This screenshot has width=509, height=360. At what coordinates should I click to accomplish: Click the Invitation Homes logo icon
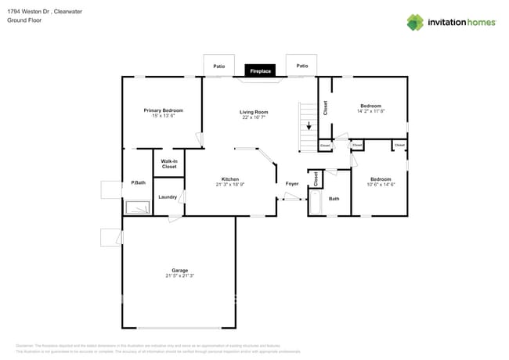pyautogui.click(x=415, y=23)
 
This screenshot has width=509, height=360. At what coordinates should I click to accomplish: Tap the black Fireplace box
pyautogui.click(x=260, y=71)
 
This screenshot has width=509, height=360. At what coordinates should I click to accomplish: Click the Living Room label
pyautogui.click(x=254, y=112)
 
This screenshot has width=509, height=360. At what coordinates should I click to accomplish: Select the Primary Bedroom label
pyautogui.click(x=163, y=110)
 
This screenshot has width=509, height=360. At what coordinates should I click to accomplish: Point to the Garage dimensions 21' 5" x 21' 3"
pyautogui.click(x=179, y=276)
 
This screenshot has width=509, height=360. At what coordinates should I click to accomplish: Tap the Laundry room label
pyautogui.click(x=168, y=196)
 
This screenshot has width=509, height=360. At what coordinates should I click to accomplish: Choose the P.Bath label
pyautogui.click(x=138, y=182)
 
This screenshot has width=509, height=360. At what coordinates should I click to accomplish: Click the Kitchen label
pyautogui.click(x=229, y=178)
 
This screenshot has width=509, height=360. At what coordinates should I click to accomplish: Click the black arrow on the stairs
pyautogui.click(x=309, y=126)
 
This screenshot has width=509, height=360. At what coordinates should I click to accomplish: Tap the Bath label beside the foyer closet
pyautogui.click(x=334, y=199)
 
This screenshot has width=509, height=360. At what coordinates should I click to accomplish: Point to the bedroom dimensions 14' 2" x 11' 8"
pyautogui.click(x=370, y=111)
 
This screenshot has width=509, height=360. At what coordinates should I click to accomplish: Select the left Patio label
pyautogui.click(x=219, y=67)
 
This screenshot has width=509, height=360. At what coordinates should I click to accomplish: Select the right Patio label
pyautogui.click(x=301, y=67)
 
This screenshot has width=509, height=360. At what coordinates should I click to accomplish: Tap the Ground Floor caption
pyautogui.click(x=23, y=20)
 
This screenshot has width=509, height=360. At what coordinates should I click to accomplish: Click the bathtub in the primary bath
pyautogui.click(x=138, y=207)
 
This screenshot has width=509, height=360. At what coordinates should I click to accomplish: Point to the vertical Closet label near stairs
pyautogui.click(x=325, y=107)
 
